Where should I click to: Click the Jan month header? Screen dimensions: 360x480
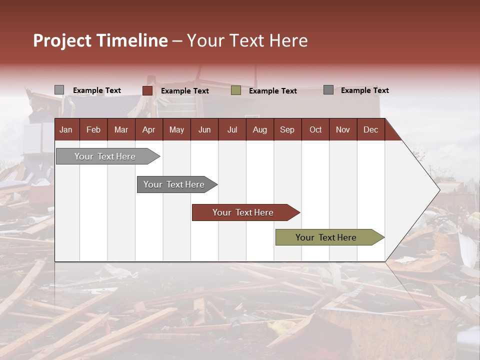click(66, 129)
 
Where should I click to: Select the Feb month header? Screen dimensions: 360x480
click(93, 129)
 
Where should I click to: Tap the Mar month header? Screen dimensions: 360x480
click(121, 129)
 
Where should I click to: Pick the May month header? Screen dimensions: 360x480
click(176, 129)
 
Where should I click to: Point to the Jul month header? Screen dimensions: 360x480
click(232, 129)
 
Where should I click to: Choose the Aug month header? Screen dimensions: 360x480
click(259, 129)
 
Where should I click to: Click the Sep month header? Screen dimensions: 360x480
click(287, 129)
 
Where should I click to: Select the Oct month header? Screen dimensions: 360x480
click(315, 129)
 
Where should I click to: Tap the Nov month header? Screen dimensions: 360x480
click(342, 129)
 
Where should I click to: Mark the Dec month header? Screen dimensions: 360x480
click(370, 129)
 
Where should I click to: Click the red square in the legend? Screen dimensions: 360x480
click(147, 90)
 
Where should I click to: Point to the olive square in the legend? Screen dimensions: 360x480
click(236, 90)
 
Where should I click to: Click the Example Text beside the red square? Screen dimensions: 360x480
click(185, 91)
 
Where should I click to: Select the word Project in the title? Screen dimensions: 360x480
click(62, 40)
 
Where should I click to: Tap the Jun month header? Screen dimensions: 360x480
click(204, 129)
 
